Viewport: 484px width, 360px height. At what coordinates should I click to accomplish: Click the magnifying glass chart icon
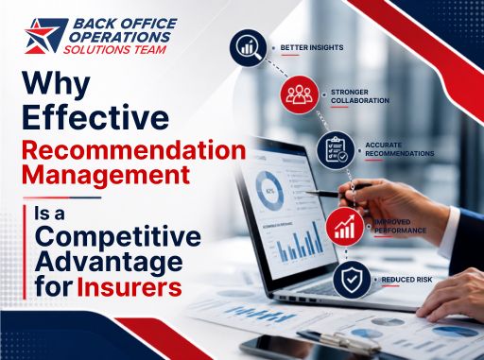248,48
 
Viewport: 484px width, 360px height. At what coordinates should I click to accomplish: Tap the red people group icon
299,94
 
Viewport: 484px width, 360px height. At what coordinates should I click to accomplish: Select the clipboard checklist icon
336,150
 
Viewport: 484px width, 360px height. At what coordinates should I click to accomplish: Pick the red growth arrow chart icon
344,227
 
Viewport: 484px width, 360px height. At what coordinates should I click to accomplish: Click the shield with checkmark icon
352,280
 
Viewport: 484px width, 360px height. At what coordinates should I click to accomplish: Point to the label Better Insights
312,47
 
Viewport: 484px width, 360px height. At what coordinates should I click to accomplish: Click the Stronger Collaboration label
360,96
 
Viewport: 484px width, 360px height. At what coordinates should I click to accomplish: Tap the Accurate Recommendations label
400,149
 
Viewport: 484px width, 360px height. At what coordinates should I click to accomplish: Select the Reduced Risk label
406,280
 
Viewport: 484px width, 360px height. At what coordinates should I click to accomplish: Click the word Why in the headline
56,82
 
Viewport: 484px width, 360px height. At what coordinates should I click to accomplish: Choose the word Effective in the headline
95,117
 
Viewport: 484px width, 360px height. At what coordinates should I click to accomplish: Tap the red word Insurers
130,286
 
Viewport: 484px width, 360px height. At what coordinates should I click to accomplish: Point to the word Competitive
118,237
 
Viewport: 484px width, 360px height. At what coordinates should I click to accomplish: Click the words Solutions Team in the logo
114,49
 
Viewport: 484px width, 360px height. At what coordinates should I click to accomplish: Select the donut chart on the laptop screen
268,191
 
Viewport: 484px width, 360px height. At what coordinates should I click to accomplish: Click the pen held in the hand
337,191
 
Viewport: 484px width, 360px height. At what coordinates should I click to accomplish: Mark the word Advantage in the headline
109,264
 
